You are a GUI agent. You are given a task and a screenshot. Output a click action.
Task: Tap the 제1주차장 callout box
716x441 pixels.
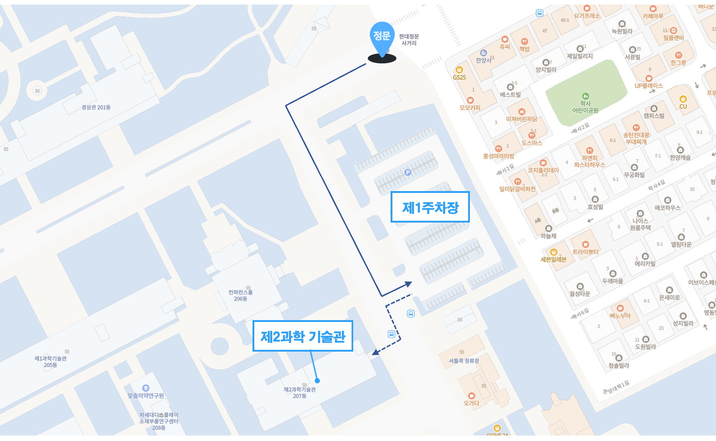(x=430, y=207)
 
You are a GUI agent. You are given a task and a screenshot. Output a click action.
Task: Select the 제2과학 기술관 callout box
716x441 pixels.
(x=303, y=336)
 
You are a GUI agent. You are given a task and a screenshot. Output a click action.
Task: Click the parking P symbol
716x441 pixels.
(x=408, y=172)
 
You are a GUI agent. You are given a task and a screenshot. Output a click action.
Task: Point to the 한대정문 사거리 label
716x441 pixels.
(x=409, y=40)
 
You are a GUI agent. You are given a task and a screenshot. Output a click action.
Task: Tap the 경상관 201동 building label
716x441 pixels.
(x=96, y=108)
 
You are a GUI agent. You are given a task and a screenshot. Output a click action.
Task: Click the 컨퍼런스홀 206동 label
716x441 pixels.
(x=240, y=295)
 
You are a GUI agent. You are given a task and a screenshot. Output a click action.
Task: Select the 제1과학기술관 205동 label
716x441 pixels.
(x=51, y=362)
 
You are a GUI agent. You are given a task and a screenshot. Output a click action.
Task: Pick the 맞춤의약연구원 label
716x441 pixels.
(x=145, y=395)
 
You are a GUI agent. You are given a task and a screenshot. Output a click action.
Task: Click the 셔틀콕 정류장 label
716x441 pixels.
(x=464, y=361)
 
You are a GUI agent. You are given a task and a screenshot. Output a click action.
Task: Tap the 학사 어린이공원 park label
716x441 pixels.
(x=585, y=107)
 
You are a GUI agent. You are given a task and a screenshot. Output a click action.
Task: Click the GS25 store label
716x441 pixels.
(x=459, y=77)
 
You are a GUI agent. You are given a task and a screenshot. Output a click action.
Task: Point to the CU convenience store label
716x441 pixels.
(x=683, y=106)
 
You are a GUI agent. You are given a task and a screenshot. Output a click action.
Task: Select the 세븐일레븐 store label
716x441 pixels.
(x=553, y=259)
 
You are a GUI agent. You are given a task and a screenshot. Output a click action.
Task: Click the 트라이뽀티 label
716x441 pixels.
(x=586, y=252)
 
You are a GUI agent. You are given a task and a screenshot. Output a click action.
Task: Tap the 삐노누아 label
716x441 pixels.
(x=620, y=315)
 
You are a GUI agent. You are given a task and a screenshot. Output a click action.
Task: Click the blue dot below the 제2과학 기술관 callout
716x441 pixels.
(x=317, y=380)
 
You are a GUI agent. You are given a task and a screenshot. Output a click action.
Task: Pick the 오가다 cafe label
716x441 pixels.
(x=471, y=403)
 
